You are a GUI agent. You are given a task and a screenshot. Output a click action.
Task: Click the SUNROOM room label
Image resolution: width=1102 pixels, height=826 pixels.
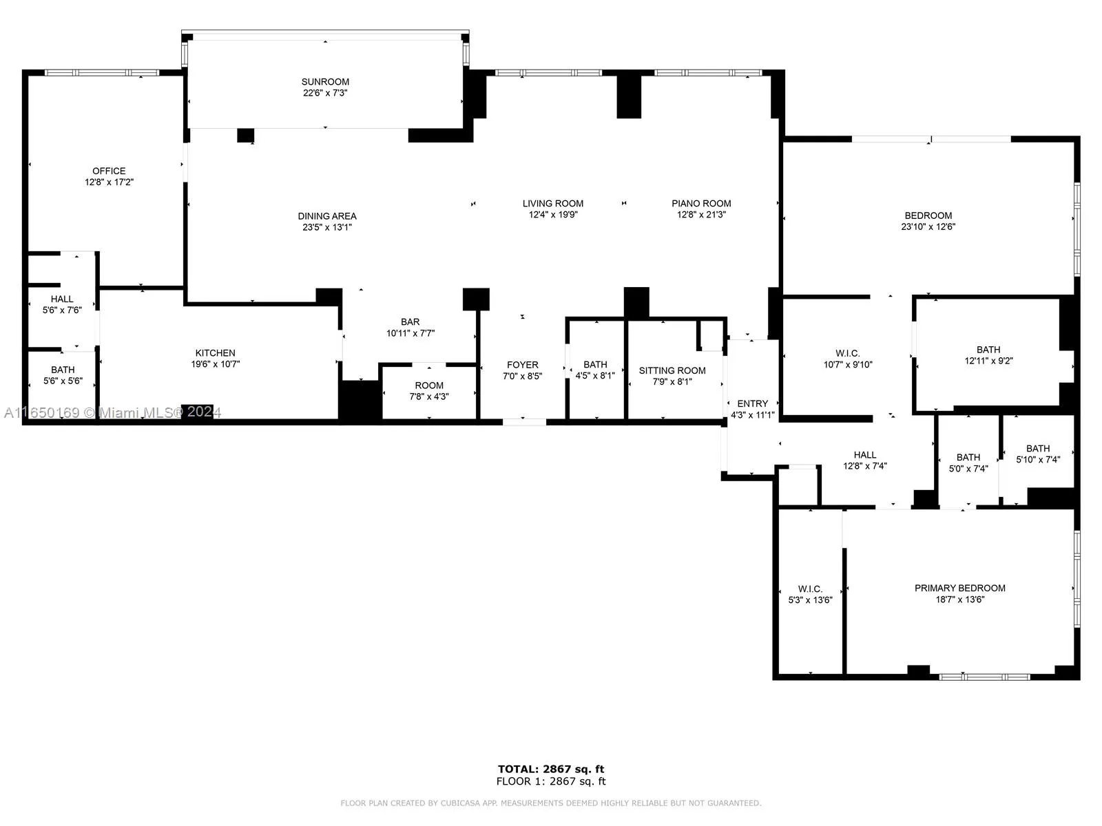[x=325, y=82]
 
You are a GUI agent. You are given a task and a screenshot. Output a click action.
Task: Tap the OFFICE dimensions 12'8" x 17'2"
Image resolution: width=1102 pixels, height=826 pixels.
[x=109, y=182]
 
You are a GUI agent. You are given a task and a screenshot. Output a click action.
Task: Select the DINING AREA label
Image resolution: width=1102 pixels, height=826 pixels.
[x=327, y=216]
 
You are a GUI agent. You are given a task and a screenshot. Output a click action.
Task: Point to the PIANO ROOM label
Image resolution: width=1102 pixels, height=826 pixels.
[x=701, y=203]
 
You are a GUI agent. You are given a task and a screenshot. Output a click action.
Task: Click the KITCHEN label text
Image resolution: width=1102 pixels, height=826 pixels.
[x=215, y=353]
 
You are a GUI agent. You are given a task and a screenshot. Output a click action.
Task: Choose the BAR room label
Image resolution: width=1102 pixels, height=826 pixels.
[x=410, y=321]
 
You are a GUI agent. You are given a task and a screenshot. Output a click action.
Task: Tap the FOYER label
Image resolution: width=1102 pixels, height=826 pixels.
[x=522, y=365]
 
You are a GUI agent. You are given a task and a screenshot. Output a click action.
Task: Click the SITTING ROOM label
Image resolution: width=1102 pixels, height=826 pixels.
[x=672, y=370]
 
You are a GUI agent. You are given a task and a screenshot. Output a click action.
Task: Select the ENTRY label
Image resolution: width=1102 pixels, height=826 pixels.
[x=752, y=403]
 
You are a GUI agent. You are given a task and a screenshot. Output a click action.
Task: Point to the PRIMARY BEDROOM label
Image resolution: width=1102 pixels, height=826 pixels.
[x=959, y=588]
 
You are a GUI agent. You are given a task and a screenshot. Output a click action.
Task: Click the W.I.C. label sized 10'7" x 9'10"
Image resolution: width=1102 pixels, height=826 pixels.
[x=847, y=353]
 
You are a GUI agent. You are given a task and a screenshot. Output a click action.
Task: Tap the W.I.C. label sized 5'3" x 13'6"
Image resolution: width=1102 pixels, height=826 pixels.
[x=810, y=589]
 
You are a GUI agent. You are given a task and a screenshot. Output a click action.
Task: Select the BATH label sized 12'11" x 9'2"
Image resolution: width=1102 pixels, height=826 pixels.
[x=988, y=350]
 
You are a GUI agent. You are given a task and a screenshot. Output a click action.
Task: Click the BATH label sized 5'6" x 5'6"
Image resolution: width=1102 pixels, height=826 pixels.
[x=62, y=370]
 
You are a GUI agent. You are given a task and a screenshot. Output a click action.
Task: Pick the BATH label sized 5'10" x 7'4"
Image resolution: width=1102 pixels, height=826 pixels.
[x=1037, y=448]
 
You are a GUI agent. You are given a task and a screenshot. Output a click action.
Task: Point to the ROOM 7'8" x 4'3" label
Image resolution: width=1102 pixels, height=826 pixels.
[x=429, y=385]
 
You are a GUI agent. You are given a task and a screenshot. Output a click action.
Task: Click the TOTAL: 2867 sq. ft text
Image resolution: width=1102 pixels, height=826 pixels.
[x=551, y=769]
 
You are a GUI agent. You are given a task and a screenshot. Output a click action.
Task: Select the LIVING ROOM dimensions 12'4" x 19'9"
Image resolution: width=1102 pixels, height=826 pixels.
[x=552, y=215]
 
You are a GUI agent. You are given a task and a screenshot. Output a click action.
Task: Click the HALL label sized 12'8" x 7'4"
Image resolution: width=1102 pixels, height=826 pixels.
[x=864, y=454]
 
